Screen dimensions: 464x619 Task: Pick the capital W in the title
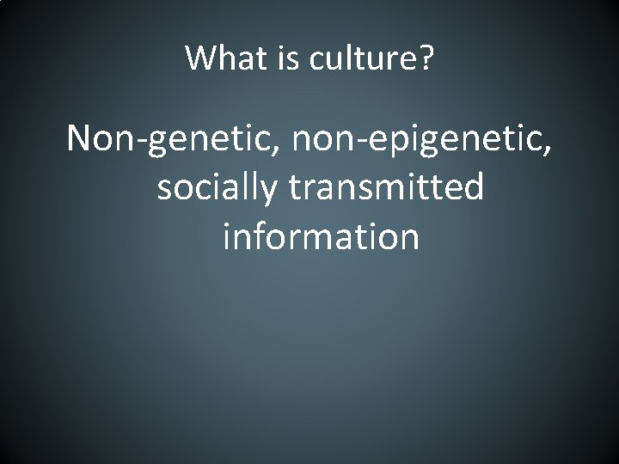(200, 58)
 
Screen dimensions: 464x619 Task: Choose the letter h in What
(221, 58)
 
